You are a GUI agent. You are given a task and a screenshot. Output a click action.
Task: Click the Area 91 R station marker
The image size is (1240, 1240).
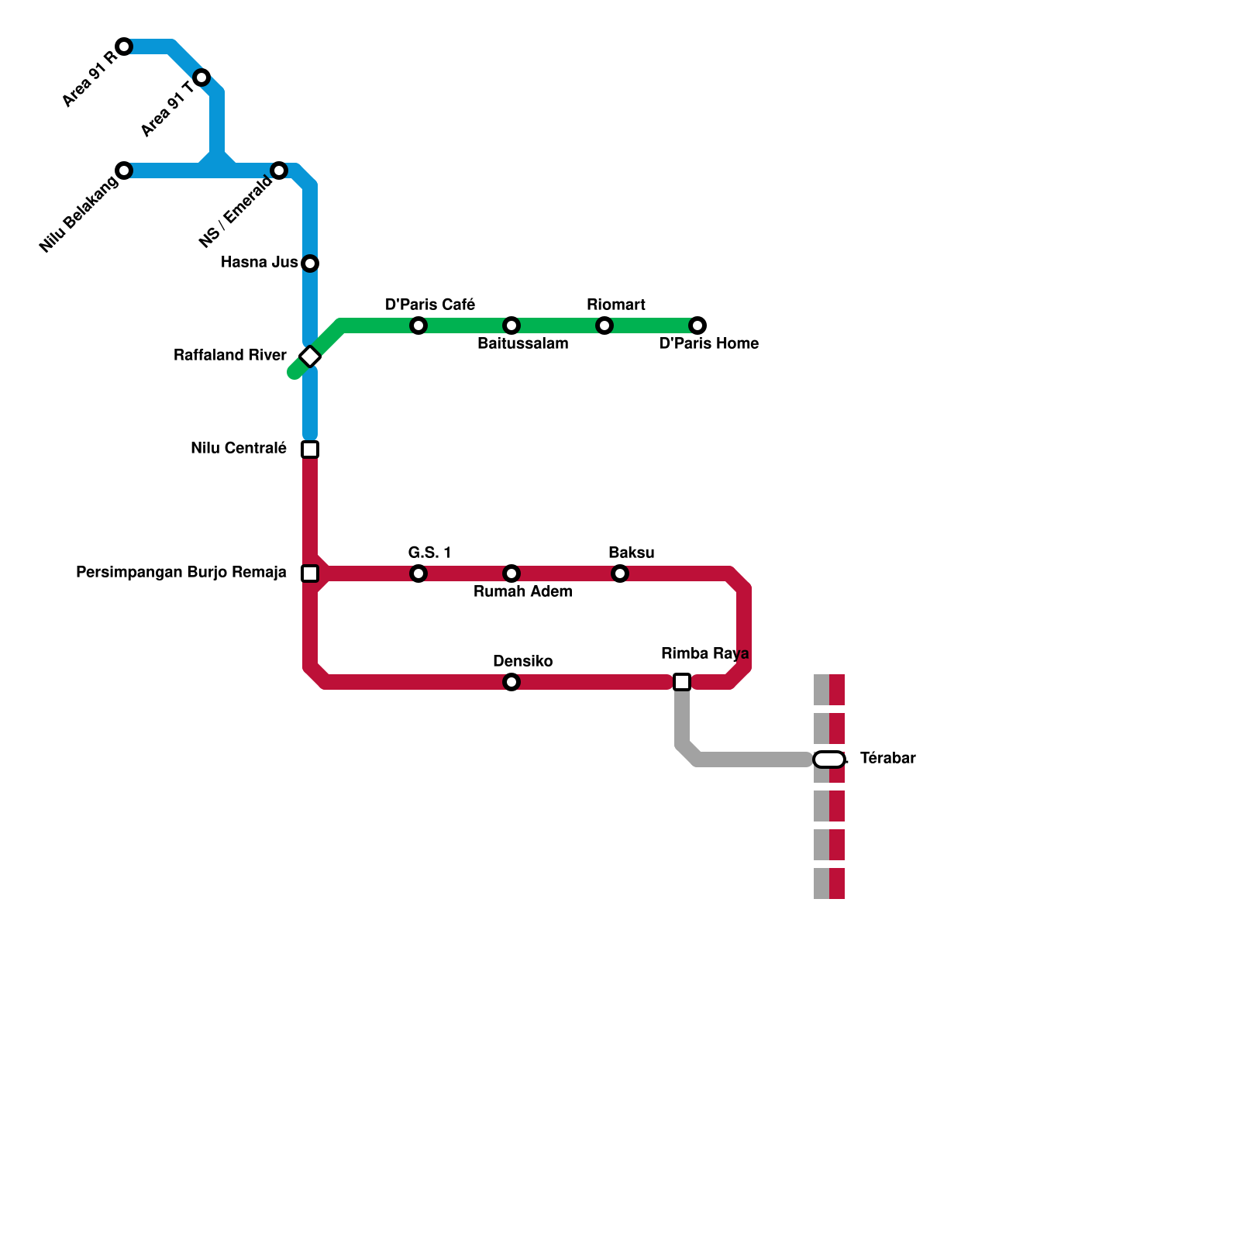(x=124, y=46)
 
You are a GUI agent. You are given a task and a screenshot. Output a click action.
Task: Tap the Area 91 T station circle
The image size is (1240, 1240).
(x=201, y=77)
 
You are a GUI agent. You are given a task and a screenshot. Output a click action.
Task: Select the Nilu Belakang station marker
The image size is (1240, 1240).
(x=124, y=170)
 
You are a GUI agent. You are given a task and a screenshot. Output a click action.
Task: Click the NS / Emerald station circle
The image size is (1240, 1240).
(x=279, y=170)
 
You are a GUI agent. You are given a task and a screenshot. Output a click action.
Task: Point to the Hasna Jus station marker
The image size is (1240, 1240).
(x=310, y=263)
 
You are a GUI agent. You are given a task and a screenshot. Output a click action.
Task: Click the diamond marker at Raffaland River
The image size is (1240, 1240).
(x=310, y=356)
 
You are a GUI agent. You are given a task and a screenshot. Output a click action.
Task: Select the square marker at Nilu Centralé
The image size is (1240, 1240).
(x=310, y=449)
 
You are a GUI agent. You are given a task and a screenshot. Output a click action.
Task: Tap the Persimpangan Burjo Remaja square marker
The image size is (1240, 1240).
(x=310, y=573)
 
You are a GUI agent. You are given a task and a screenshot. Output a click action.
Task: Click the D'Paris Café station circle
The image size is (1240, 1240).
(x=418, y=325)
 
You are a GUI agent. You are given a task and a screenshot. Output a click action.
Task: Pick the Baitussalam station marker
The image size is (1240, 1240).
(x=511, y=325)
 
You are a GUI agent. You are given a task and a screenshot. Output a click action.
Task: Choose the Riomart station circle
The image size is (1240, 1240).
(x=604, y=325)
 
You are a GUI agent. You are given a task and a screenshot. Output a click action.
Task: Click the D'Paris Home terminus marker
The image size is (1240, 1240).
(x=697, y=325)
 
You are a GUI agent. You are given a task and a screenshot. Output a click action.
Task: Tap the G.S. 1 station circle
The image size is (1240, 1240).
(x=418, y=573)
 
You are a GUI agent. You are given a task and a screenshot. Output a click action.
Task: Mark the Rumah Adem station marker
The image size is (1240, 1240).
(x=511, y=573)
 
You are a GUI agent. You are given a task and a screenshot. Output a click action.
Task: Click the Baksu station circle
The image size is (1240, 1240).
(x=620, y=573)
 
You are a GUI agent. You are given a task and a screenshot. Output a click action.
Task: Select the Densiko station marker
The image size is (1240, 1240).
(x=511, y=682)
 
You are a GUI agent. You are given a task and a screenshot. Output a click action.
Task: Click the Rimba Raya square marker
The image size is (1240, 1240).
(x=682, y=682)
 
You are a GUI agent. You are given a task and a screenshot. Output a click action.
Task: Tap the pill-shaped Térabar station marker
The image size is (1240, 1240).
(x=829, y=759)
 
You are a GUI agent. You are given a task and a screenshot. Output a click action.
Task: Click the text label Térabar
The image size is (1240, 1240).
(x=887, y=758)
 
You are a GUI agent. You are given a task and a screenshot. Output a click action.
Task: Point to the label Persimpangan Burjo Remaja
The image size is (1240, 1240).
(x=181, y=573)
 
